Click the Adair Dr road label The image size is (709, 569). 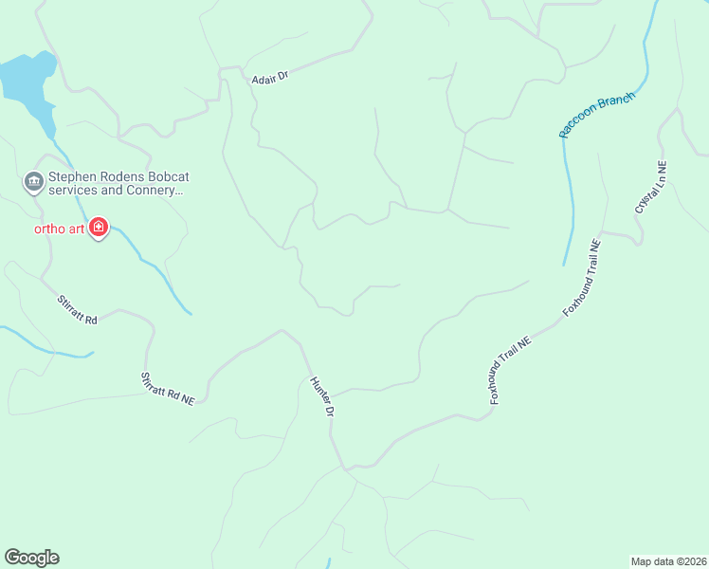pos(269,80)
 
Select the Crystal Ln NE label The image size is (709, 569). pos(651,186)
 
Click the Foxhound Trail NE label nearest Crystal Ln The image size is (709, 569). pos(582,277)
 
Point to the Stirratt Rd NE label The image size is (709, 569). pos(168,389)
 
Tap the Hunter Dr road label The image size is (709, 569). pos(322,397)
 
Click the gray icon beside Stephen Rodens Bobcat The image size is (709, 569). pos(34,181)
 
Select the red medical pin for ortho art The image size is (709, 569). pos(99,229)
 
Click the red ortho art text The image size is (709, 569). pos(61,229)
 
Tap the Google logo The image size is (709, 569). pos(31,558)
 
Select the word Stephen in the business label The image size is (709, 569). pos(73,175)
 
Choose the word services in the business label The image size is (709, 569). pos(73,190)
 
